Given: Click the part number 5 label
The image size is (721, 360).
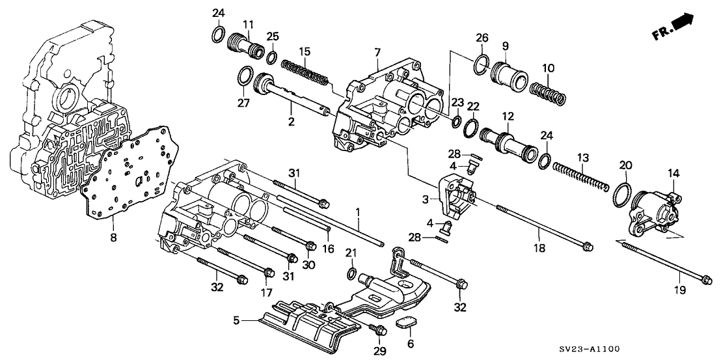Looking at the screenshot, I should [x=236, y=320].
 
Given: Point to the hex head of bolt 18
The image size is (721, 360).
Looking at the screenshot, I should [x=588, y=246].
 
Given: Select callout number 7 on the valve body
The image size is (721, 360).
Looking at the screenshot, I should [x=377, y=51].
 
